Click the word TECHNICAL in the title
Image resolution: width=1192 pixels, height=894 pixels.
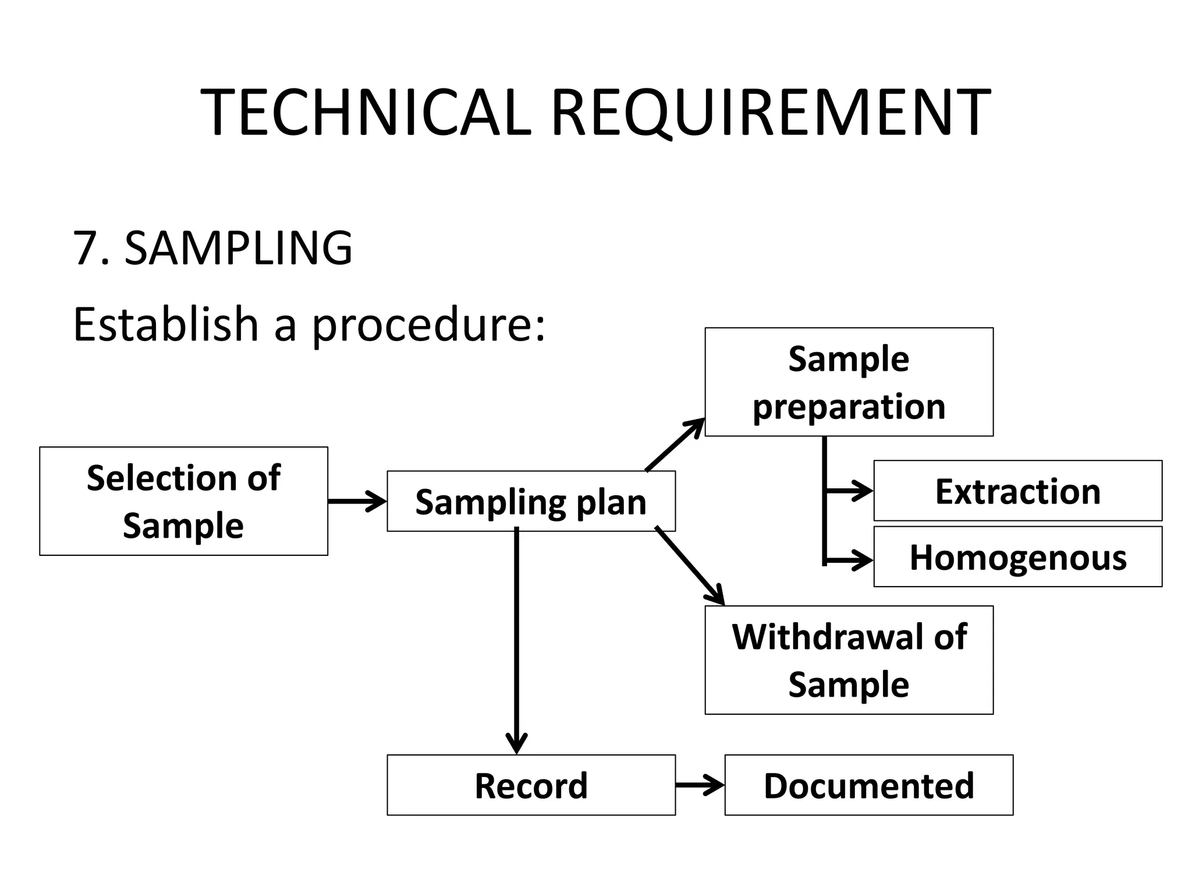tap(366, 112)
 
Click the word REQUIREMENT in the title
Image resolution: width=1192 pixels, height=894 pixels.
tap(769, 112)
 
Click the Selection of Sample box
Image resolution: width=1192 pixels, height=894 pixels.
tap(183, 501)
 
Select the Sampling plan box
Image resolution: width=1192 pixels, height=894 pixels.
tap(531, 501)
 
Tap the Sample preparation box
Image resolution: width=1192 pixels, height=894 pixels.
tap(849, 382)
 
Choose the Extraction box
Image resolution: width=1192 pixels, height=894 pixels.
tap(1017, 491)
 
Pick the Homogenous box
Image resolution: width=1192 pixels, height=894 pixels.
tap(1017, 557)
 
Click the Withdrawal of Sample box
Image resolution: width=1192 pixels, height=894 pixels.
tap(849, 660)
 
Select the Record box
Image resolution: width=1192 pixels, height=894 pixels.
tap(531, 785)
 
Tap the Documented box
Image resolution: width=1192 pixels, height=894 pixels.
tap(868, 785)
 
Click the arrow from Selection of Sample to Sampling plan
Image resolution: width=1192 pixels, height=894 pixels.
tap(357, 501)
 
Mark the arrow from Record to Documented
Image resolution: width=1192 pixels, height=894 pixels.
tap(700, 785)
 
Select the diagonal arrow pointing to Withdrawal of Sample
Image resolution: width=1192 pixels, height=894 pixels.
tap(690, 566)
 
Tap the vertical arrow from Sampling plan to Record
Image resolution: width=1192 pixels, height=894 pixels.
tap(517, 640)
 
